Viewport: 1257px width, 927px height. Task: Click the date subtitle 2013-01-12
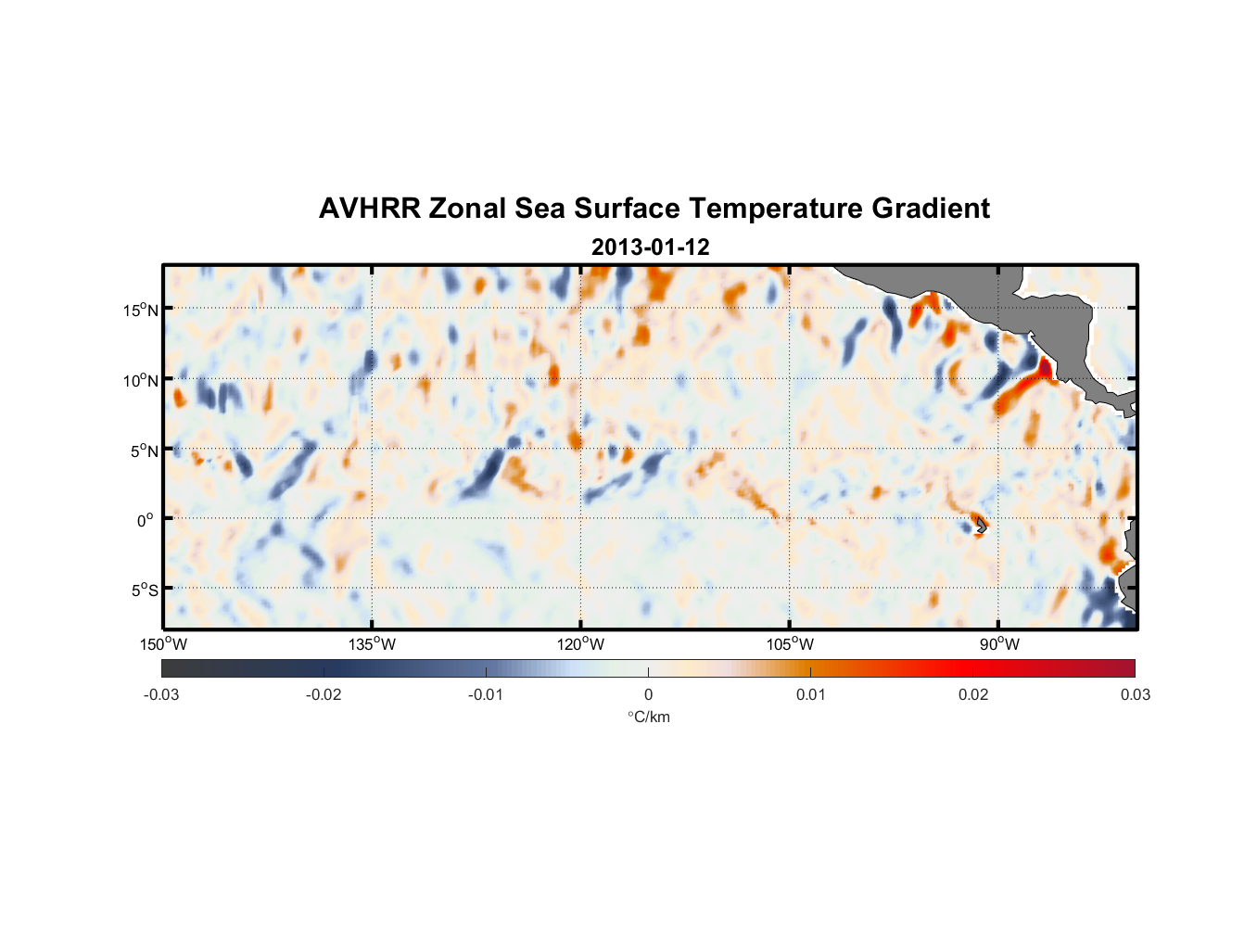pyautogui.click(x=650, y=248)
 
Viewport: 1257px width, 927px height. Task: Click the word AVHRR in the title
pyautogui.click(x=369, y=209)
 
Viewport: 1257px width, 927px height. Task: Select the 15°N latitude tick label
pyautogui.click(x=141, y=310)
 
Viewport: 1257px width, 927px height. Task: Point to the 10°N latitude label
pyautogui.click(x=141, y=380)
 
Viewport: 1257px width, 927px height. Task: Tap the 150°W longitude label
pyautogui.click(x=164, y=644)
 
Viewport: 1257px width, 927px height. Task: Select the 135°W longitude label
pyautogui.click(x=373, y=644)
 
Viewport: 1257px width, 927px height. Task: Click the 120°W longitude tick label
pyautogui.click(x=581, y=644)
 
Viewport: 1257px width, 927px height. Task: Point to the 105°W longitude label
pyautogui.click(x=790, y=644)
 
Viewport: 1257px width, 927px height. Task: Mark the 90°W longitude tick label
pyautogui.click(x=999, y=644)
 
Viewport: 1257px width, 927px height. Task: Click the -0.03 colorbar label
pyautogui.click(x=161, y=694)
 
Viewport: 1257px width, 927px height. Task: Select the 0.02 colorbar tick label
pyautogui.click(x=973, y=694)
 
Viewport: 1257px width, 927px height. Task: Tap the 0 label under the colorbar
pyautogui.click(x=648, y=694)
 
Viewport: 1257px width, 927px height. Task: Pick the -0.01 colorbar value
pyautogui.click(x=486, y=694)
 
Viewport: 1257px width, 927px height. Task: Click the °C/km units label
pyautogui.click(x=649, y=717)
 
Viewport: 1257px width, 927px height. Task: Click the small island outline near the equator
pyautogui.click(x=980, y=526)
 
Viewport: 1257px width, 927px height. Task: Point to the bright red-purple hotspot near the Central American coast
pyautogui.click(x=1046, y=367)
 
